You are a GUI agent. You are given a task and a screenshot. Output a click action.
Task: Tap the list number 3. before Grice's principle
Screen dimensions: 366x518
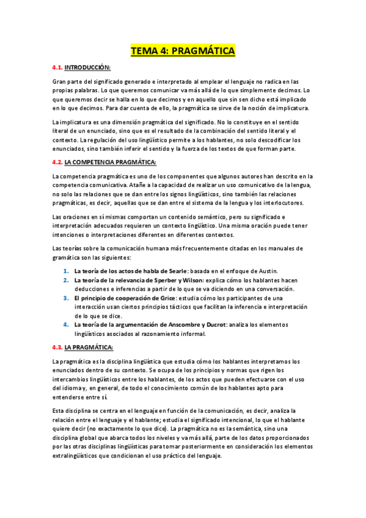coord(66,297)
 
